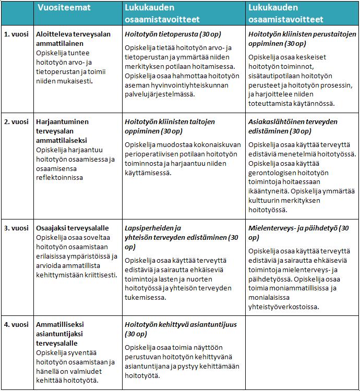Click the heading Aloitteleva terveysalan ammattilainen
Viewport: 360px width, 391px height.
pos(74,39)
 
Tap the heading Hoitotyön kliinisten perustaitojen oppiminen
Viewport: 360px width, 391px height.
pos(302,39)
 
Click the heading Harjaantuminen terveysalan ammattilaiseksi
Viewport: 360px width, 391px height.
pos(62,131)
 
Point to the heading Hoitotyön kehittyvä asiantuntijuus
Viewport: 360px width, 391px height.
pos(181,329)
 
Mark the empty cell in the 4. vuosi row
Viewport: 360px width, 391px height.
pos(302,352)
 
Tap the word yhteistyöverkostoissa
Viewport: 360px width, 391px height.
pos(289,307)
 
